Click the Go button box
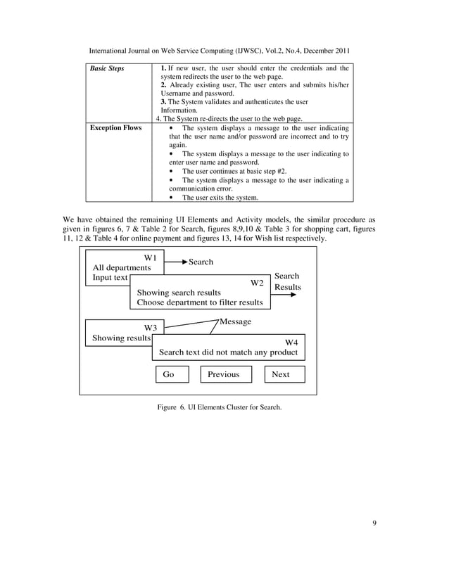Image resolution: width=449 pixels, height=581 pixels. [x=172, y=374]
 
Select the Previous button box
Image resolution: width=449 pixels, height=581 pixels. [x=223, y=374]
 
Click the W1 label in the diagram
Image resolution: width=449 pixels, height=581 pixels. [x=149, y=258]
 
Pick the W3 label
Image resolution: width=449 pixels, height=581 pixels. [x=150, y=327]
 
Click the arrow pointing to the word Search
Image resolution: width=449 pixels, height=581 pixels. [x=175, y=262]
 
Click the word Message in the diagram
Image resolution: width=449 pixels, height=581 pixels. [x=235, y=321]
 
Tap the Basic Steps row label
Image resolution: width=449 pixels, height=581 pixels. [x=105, y=69]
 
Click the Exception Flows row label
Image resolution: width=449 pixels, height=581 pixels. [x=113, y=128]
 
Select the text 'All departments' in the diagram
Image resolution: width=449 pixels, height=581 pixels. [x=122, y=268]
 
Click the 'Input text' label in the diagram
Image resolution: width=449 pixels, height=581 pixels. [x=110, y=278]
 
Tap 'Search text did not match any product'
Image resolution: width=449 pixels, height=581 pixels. [x=228, y=352]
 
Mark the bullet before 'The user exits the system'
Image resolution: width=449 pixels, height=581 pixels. [x=172, y=198]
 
